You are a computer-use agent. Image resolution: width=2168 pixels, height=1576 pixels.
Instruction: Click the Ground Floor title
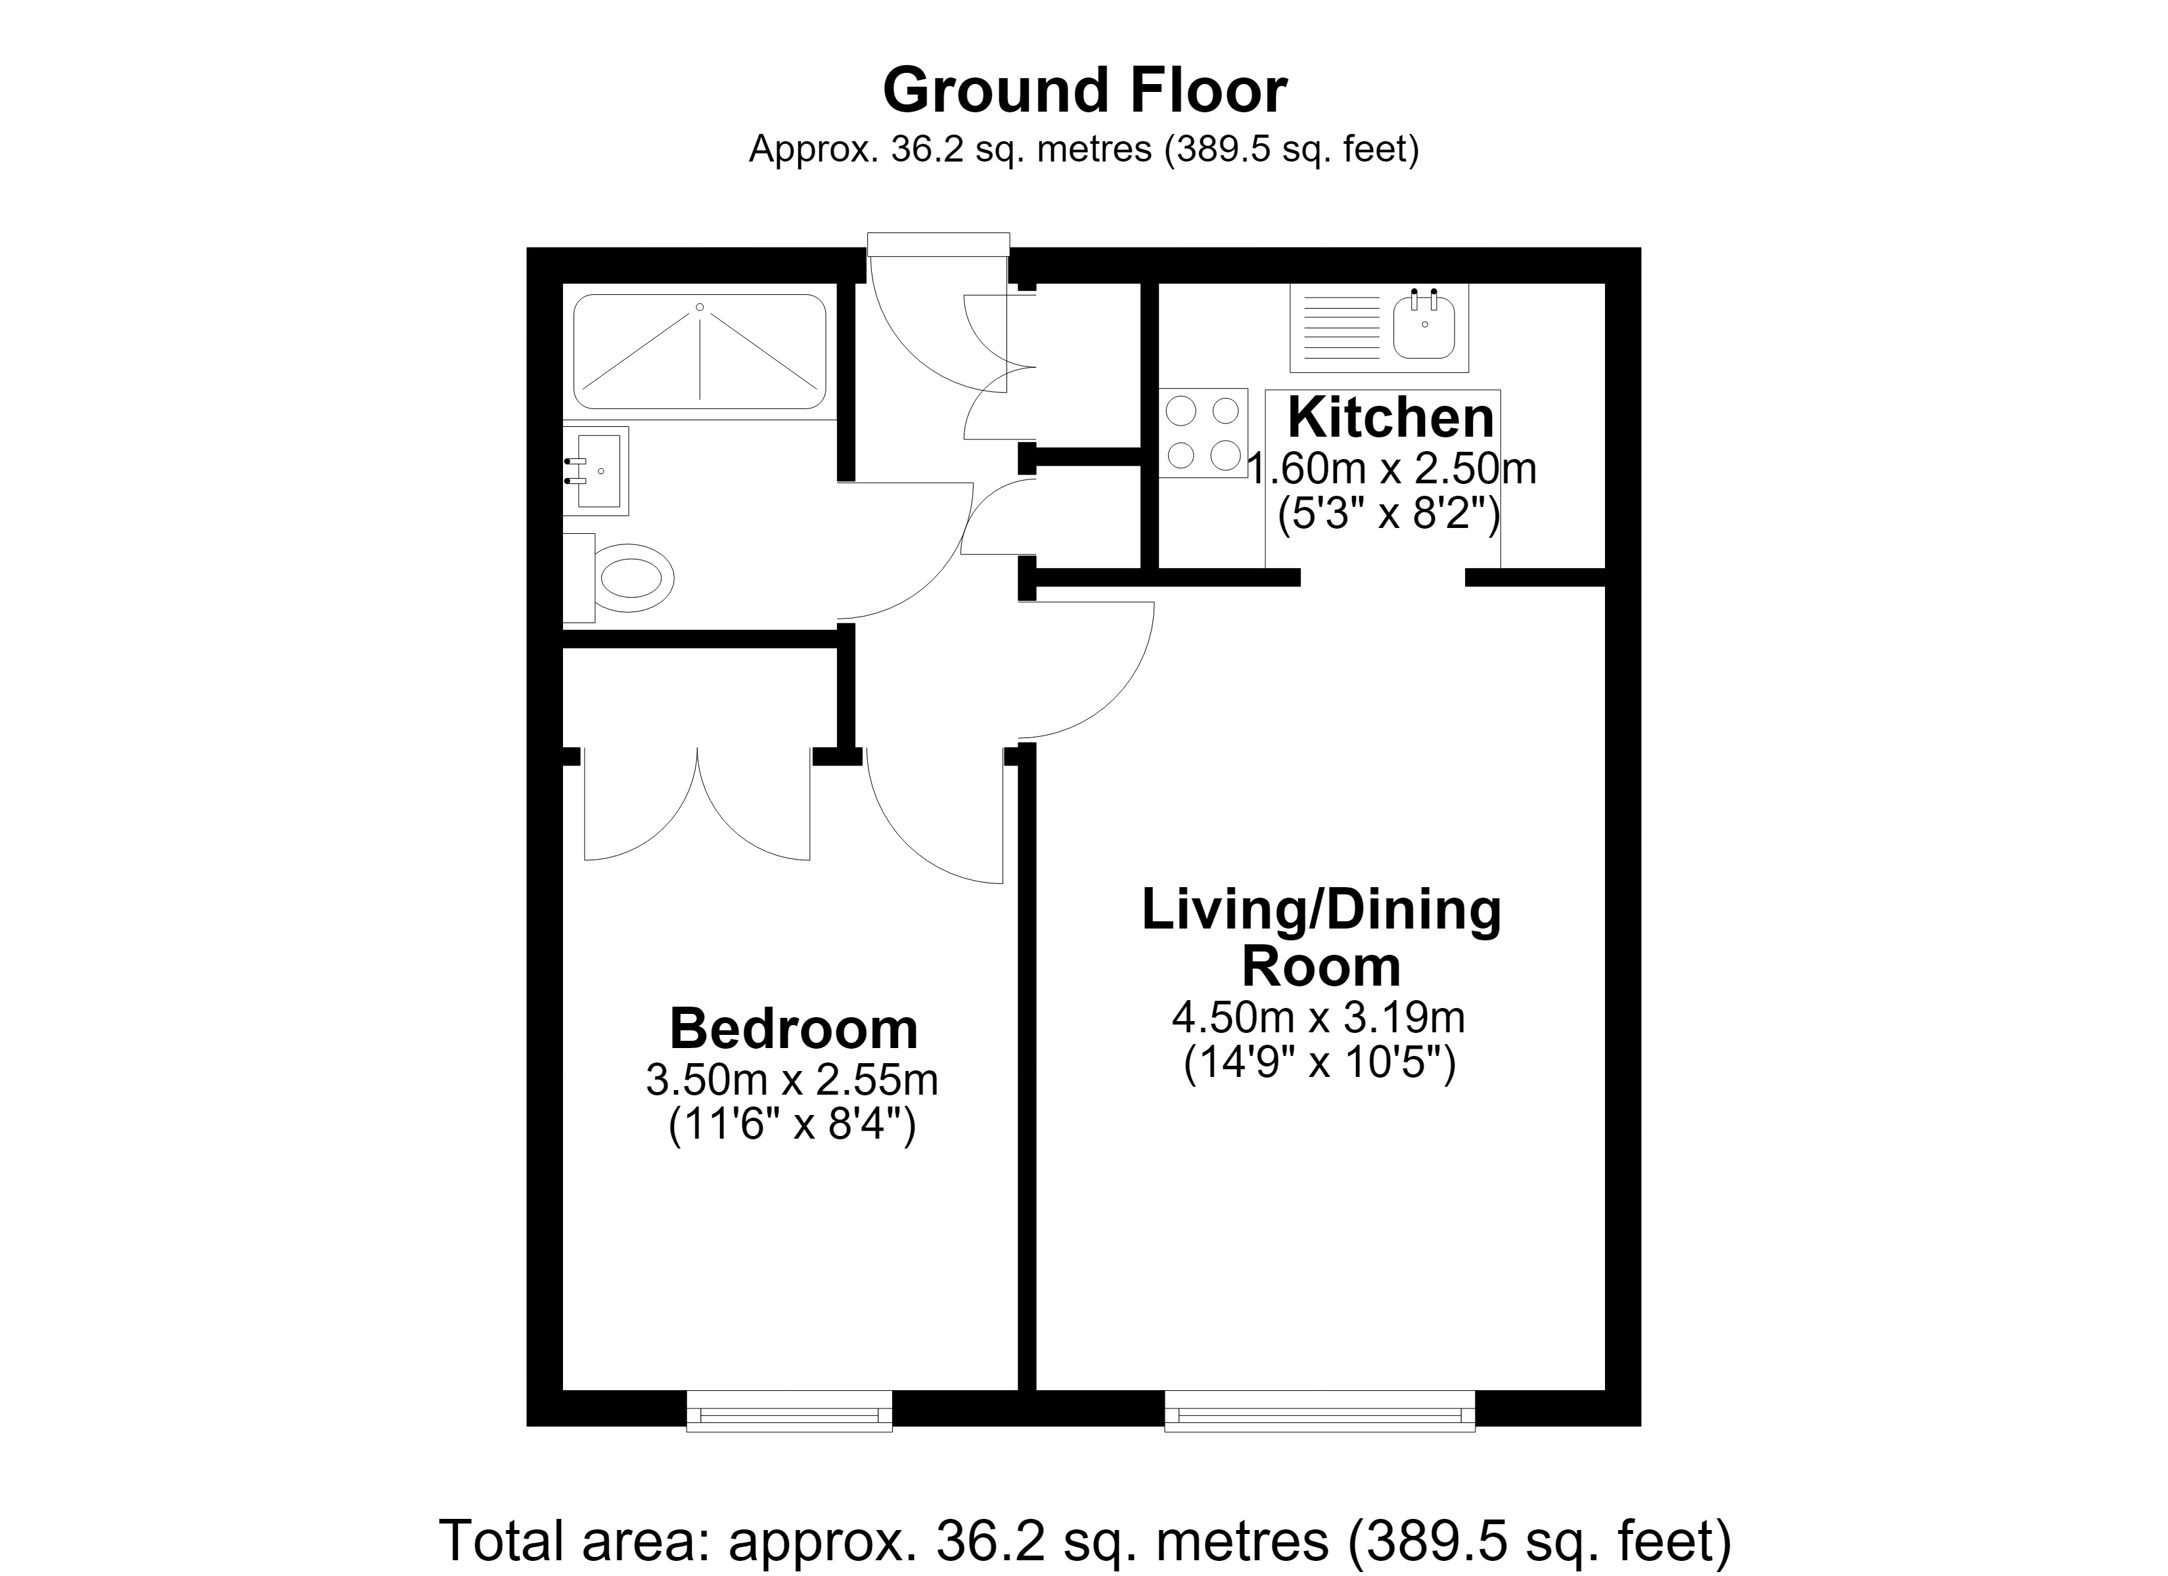point(1084,90)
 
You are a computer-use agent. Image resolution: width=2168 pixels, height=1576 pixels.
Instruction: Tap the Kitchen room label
point(1391,418)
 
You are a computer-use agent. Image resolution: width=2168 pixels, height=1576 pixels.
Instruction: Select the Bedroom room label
point(794,1028)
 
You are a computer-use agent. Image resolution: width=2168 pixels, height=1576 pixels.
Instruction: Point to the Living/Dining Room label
point(1321,938)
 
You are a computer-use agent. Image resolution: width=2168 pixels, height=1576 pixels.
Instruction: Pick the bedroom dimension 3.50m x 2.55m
point(792,1080)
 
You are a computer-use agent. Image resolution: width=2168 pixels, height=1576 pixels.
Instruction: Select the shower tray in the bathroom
point(700,352)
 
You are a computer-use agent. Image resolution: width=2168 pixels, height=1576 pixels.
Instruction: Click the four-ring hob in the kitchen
point(1204,433)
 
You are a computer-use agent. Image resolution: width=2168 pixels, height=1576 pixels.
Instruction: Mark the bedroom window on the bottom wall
point(790,1411)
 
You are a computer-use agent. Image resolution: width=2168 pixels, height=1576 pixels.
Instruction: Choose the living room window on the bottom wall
point(1319,1411)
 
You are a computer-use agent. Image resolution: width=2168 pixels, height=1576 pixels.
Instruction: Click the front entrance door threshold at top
point(939,244)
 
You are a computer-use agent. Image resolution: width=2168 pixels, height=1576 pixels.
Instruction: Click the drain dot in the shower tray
point(700,307)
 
